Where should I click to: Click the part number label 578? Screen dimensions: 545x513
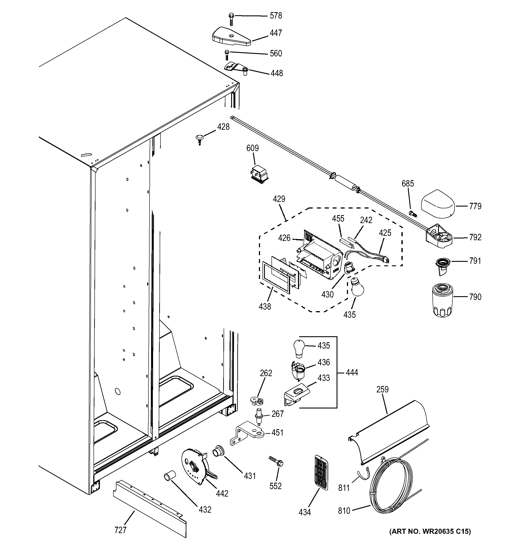pyautogui.click(x=275, y=16)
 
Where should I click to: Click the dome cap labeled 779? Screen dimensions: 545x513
pyautogui.click(x=438, y=204)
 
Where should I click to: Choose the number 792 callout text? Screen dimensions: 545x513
pyautogui.click(x=475, y=237)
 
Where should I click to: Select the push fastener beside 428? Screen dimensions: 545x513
pyautogui.click(x=200, y=139)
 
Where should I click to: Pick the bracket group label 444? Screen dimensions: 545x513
pyautogui.click(x=352, y=373)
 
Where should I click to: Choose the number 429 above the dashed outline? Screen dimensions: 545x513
pyautogui.click(x=279, y=199)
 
